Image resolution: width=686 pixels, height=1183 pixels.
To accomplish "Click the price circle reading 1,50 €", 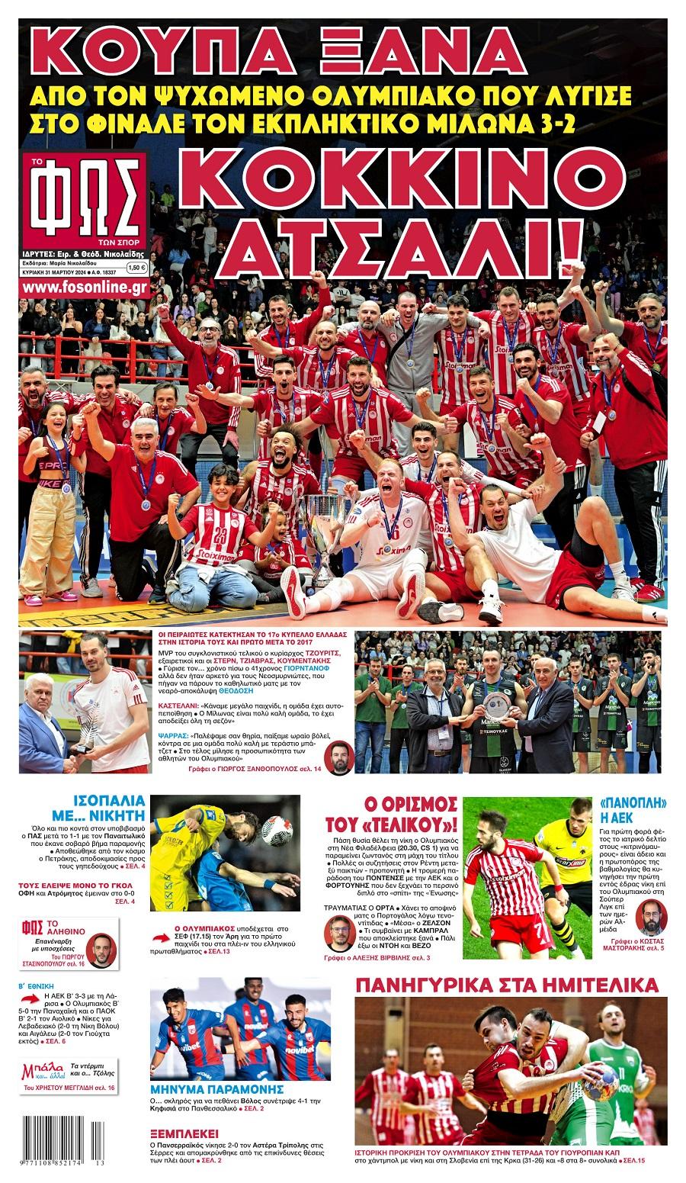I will tap(136, 268).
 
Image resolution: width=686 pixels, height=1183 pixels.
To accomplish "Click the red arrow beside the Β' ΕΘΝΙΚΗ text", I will tap(28, 1000).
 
